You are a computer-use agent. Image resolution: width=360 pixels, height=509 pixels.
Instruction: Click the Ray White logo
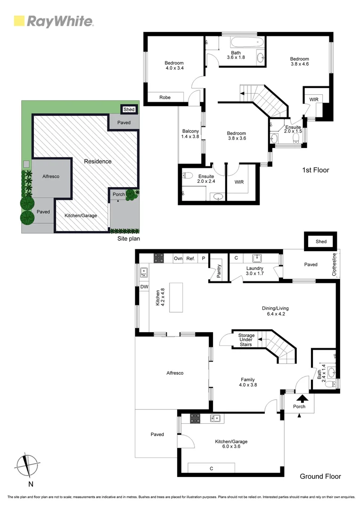(53, 21)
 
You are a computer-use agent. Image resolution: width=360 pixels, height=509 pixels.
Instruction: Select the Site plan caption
(128, 239)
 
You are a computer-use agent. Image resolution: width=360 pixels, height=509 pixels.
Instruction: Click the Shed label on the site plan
(129, 110)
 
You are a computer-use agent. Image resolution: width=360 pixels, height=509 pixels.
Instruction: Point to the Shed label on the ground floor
(321, 242)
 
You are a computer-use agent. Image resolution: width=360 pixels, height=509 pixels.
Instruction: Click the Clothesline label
(335, 264)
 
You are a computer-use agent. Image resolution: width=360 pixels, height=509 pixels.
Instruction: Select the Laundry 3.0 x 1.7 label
(254, 271)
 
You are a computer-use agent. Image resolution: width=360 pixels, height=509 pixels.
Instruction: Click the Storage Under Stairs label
(245, 340)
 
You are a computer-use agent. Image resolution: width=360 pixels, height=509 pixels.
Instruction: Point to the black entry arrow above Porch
(300, 398)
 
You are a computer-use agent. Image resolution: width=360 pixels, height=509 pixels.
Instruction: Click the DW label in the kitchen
(143, 287)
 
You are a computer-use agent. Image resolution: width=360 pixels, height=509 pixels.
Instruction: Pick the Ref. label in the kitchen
(190, 258)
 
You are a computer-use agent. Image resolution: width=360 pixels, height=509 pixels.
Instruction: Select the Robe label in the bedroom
(164, 98)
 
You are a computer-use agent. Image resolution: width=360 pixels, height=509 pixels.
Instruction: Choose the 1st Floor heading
(315, 170)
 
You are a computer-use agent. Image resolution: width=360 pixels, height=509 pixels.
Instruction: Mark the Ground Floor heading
(320, 476)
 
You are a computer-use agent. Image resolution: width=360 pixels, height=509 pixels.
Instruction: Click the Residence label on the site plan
(98, 161)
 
